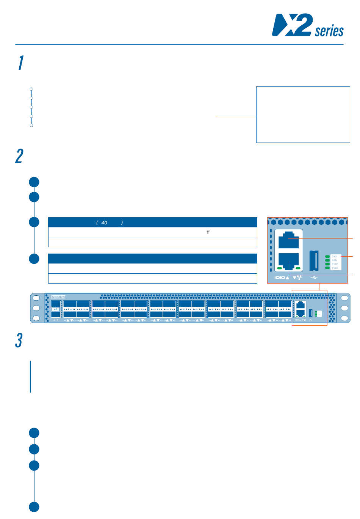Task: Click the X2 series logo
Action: pyautogui.click(x=307, y=25)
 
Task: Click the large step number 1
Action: pyautogui.click(x=21, y=63)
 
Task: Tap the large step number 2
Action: pyautogui.click(x=19, y=156)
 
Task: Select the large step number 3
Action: pyautogui.click(x=19, y=340)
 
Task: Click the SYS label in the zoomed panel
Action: pyautogui.click(x=335, y=257)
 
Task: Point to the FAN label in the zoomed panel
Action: pyautogui.click(x=335, y=260)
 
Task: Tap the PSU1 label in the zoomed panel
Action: pyautogui.click(x=335, y=264)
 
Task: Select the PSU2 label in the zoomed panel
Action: pyautogui.click(x=335, y=268)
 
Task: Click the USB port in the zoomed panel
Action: pyautogui.click(x=314, y=260)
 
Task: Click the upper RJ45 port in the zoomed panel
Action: pyautogui.click(x=288, y=240)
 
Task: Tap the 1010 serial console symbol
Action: pyautogui.click(x=280, y=278)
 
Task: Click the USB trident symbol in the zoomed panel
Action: pyautogui.click(x=314, y=278)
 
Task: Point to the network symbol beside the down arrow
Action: pyautogui.click(x=300, y=278)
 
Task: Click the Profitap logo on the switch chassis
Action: pyautogui.click(x=58, y=297)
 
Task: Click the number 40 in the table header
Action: pyautogui.click(x=104, y=223)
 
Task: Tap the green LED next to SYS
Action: pyautogui.click(x=327, y=257)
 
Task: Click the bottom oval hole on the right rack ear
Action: pyautogui.click(x=344, y=318)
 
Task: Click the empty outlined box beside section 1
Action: pyautogui.click(x=303, y=114)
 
